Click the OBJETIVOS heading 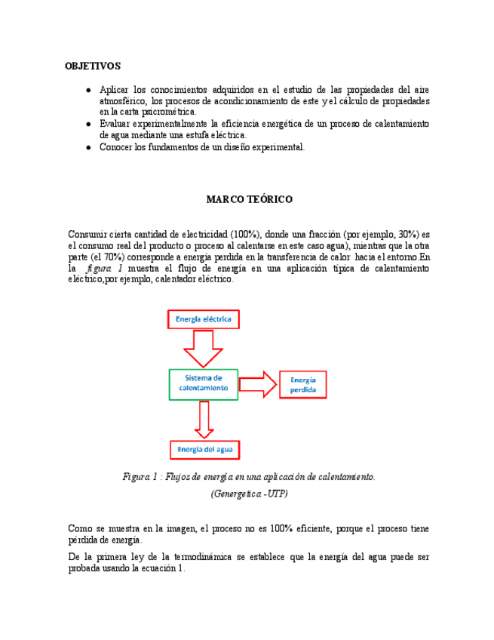pos(93,66)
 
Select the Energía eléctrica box pos(203,319)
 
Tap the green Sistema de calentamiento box pos(203,383)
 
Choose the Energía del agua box pos(204,450)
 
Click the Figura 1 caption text pos(249,477)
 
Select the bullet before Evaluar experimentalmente pos(90,124)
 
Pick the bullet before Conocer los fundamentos pos(90,147)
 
